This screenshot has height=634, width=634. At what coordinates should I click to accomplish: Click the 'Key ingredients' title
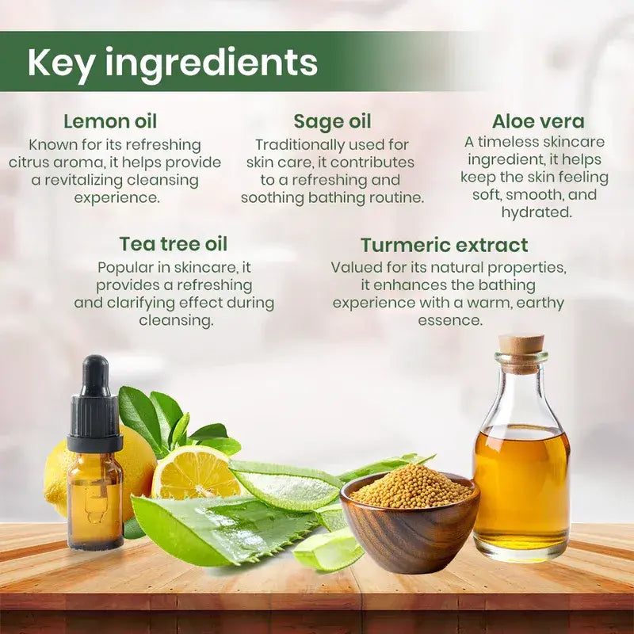coord(172,63)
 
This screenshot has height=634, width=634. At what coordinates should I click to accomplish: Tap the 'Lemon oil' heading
coord(110,121)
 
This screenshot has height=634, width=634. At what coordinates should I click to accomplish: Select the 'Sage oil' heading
coord(332,122)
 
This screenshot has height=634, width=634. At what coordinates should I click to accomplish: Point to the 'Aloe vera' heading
coord(538,121)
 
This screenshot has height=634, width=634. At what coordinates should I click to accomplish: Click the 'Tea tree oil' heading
coord(174,244)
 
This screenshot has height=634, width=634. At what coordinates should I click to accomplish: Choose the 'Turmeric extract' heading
coord(444,245)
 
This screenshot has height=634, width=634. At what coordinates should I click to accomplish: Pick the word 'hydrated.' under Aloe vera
coord(537,212)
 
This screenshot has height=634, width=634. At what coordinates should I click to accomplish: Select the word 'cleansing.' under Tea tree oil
coord(176,321)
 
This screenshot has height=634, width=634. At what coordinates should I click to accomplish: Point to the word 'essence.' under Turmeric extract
coord(450,321)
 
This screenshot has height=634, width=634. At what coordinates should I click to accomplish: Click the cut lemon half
coord(196,473)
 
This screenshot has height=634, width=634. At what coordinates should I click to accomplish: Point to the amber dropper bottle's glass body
coord(95,501)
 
